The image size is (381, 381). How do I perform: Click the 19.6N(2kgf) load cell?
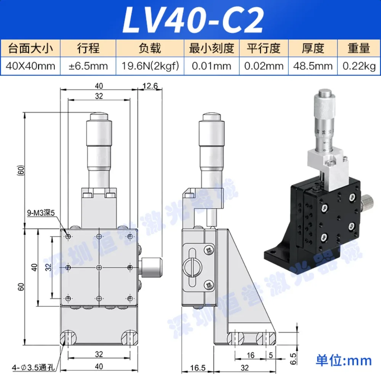pyautogui.click(x=150, y=66)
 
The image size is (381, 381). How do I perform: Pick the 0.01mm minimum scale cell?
pyautogui.click(x=211, y=66)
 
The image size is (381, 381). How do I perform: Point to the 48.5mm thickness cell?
pyautogui.click(x=313, y=66)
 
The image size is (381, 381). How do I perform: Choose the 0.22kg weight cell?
pyautogui.click(x=359, y=66)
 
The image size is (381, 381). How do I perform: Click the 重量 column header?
pyautogui.click(x=359, y=48)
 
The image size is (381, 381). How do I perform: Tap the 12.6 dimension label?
pyautogui.click(x=150, y=86)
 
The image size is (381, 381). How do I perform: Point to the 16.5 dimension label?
pyautogui.click(x=198, y=368)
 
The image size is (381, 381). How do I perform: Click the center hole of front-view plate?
pyautogui.click(x=99, y=267)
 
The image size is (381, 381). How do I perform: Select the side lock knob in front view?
pyautogui.click(x=152, y=267)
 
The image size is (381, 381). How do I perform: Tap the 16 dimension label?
pyautogui.click(x=250, y=356)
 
